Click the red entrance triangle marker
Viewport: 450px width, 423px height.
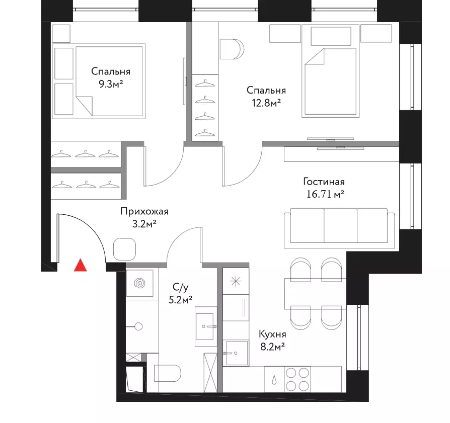[x=81, y=265]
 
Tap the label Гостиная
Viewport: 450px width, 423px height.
[x=324, y=182]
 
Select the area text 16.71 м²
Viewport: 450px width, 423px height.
[x=325, y=194]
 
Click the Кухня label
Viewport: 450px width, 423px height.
[x=272, y=334]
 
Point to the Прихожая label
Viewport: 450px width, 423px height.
[x=144, y=212]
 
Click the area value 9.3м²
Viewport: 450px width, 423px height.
[x=111, y=84]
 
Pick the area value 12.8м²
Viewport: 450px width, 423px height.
[x=266, y=103]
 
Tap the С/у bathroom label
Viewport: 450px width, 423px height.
[x=181, y=287]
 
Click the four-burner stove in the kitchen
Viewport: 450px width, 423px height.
[x=297, y=379]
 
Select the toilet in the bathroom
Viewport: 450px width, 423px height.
[x=167, y=373]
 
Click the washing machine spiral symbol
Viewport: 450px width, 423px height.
[x=140, y=284]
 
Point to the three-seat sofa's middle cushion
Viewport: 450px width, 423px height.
[x=340, y=225]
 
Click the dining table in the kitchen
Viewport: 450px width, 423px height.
[x=315, y=294]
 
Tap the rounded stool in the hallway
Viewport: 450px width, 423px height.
[x=124, y=249]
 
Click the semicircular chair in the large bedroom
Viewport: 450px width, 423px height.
[x=232, y=49]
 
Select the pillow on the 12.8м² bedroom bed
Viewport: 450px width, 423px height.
[x=331, y=36]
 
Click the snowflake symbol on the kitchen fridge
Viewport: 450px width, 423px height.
[x=236, y=281]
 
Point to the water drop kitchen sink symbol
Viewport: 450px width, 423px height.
[x=274, y=380]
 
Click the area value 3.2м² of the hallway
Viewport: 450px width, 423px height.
[x=144, y=224]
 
